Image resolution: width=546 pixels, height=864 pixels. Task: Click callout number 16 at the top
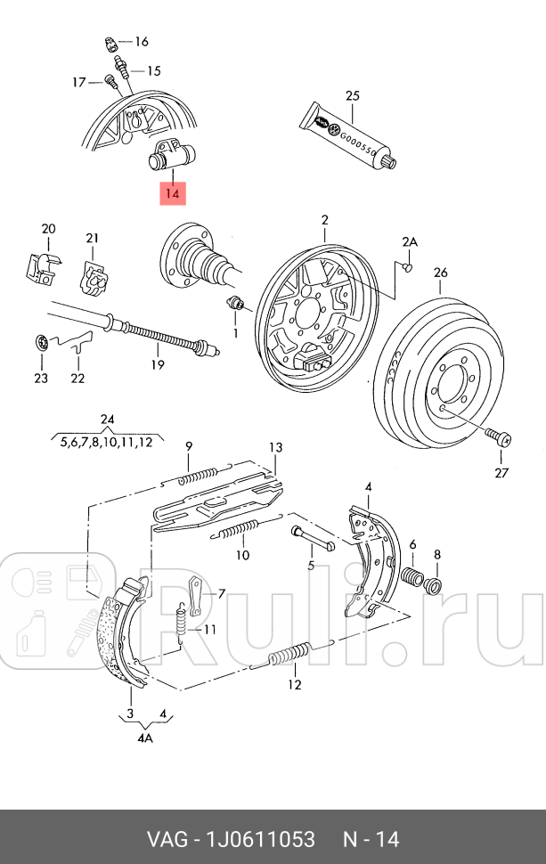[x=141, y=42]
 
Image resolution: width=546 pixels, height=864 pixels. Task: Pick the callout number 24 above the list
[x=108, y=420]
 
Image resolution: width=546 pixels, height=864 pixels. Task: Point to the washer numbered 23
[x=40, y=343]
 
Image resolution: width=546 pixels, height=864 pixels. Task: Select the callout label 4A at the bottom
[x=145, y=738]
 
